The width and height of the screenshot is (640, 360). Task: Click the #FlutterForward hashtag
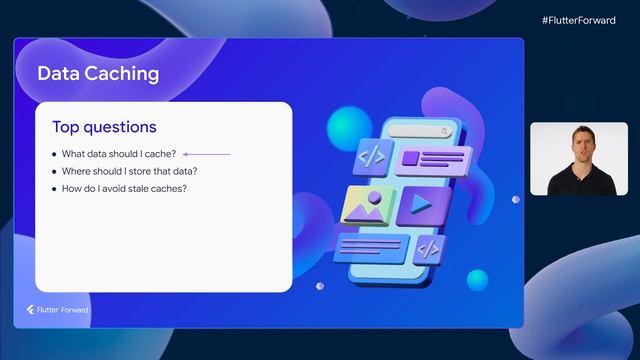tap(579, 20)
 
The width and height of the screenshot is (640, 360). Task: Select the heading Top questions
tap(104, 127)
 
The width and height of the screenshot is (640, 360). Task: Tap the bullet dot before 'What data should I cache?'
tap(54, 154)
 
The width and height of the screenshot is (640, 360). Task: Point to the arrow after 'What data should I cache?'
tap(207, 154)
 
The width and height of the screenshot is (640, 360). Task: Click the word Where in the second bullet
tap(76, 171)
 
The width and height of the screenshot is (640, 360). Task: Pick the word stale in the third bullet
tap(142, 188)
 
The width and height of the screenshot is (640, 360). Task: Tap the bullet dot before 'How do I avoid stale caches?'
tap(54, 188)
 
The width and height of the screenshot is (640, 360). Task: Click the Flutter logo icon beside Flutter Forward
tap(31, 310)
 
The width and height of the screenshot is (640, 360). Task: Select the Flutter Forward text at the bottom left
tap(64, 310)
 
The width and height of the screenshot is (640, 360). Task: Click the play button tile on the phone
tap(419, 204)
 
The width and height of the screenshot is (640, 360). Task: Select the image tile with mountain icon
tap(365, 205)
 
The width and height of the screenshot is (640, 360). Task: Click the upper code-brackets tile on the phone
tap(372, 156)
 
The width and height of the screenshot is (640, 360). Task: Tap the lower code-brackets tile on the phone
tap(428, 248)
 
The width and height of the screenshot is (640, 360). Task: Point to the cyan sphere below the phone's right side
tap(477, 280)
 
